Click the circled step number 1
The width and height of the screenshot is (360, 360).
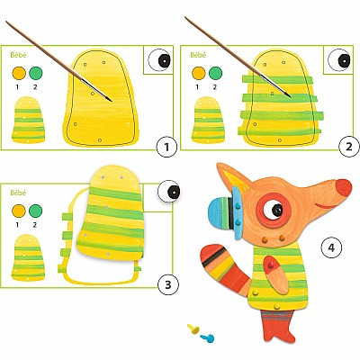(166, 147)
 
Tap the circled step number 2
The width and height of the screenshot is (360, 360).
(348, 147)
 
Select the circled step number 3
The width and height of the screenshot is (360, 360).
(167, 284)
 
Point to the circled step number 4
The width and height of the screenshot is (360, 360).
(331, 247)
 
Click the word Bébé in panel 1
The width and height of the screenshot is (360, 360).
(19, 55)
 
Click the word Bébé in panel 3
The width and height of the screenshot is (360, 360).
(18, 193)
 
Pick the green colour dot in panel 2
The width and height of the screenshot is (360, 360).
(216, 73)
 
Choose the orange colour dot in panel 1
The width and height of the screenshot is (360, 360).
(19, 73)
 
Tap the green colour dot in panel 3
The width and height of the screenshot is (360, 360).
(35, 211)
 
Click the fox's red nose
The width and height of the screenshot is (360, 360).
(344, 188)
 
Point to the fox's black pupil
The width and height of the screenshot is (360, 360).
(277, 210)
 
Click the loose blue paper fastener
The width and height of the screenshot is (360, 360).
(207, 338)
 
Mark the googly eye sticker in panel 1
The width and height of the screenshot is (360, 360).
(159, 59)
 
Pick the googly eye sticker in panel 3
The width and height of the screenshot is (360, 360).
(169, 192)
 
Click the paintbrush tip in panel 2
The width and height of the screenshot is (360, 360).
(291, 96)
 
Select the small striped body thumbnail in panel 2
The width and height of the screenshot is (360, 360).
(208, 120)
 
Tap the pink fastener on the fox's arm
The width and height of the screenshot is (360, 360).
(271, 265)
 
